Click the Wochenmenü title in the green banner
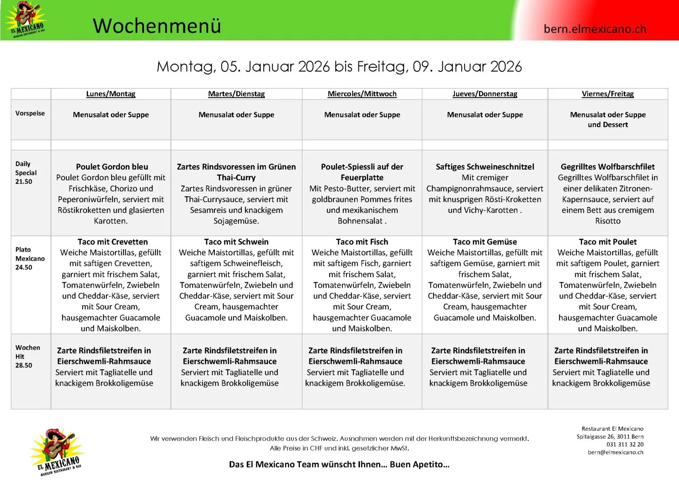click(x=157, y=26)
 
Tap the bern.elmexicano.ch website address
click(x=595, y=29)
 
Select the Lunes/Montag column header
click(x=111, y=94)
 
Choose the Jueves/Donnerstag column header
click(x=485, y=94)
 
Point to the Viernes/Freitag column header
click(x=607, y=94)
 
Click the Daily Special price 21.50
click(x=24, y=182)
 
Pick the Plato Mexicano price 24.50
click(x=24, y=268)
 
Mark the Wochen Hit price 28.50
click(x=24, y=366)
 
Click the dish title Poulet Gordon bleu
click(x=112, y=167)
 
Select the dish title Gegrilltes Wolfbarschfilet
click(x=607, y=167)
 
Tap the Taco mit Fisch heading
click(x=362, y=242)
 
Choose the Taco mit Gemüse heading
click(x=485, y=242)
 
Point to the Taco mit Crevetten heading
click(x=112, y=242)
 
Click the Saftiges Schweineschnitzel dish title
click(x=485, y=167)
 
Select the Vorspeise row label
click(x=30, y=114)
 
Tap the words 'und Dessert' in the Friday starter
click(x=607, y=125)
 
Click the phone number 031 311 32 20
click(x=625, y=444)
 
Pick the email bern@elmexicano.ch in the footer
click(x=615, y=452)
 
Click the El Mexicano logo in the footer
click(x=57, y=452)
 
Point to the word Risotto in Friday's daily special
click(x=607, y=221)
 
